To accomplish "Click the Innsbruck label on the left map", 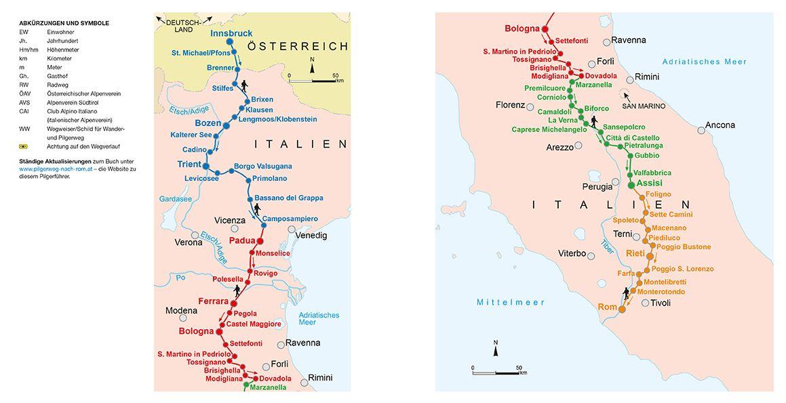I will (231, 33).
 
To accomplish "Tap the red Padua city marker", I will (259, 240).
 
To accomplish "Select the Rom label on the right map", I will (606, 307).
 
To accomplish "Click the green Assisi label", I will (649, 184).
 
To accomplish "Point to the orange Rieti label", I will (635, 253).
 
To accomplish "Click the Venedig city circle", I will (292, 230).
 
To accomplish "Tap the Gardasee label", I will (176, 199).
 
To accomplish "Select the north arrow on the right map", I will (496, 349).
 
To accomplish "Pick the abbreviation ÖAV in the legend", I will (24, 93).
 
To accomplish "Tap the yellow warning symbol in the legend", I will (24, 146).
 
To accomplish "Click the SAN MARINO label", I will (644, 106).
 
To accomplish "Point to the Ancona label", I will (720, 125).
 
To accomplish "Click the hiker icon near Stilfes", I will (243, 86).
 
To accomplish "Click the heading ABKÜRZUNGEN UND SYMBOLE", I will (64, 23).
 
